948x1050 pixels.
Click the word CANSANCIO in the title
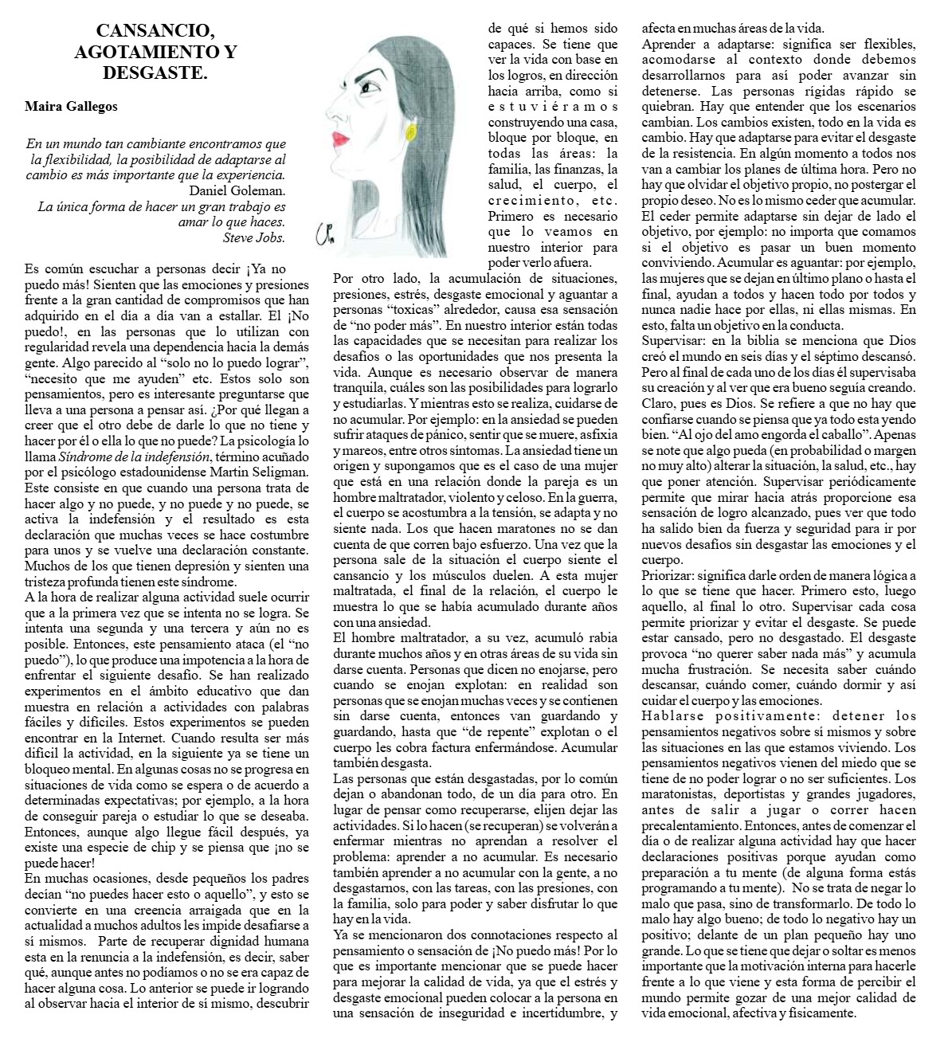(x=155, y=32)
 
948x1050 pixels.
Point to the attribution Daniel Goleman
(x=237, y=190)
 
